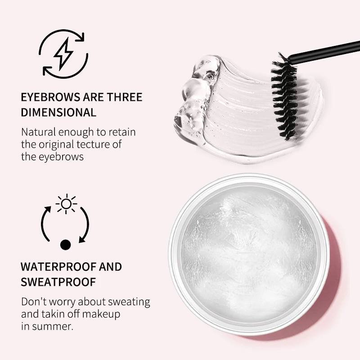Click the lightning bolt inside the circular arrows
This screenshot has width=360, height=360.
(63, 54)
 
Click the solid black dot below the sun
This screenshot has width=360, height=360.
(66, 245)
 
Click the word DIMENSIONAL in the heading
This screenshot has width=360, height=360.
(58, 112)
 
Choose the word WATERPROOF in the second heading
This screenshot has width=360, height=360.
(58, 266)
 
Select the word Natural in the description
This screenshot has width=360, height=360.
(39, 133)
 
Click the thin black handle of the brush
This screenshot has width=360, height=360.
(324, 50)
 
